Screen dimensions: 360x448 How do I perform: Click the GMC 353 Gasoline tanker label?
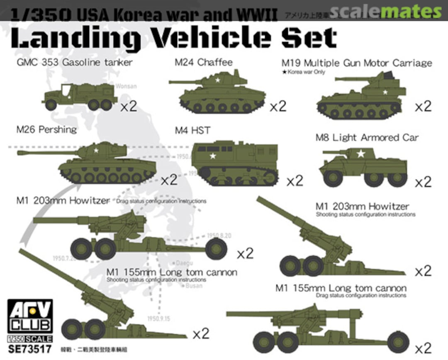pos(74,63)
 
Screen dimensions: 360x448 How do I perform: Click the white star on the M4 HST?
pos(213,156)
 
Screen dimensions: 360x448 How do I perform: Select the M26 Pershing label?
pos(46,129)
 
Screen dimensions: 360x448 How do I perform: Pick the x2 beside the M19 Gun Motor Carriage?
pos(423,106)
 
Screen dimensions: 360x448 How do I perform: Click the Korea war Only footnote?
pos(303,72)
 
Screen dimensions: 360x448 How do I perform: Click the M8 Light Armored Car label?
pos(367,137)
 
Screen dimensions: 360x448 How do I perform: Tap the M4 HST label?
pos(192,131)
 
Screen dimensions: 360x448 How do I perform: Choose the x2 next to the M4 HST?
pos(295,181)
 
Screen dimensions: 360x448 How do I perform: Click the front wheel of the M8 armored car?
pos(333,178)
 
